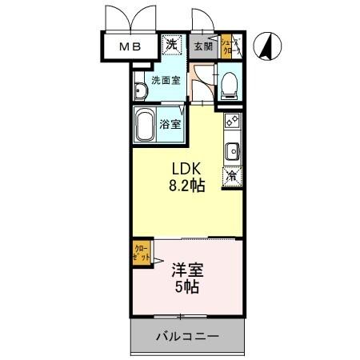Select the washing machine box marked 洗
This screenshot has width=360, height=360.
(172, 45)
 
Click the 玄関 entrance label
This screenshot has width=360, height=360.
(202, 46)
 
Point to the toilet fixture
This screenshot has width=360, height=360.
(230, 83)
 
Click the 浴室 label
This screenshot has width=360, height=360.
(169, 124)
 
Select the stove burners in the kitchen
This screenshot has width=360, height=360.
(232, 122)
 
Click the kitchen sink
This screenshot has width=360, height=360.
(232, 150)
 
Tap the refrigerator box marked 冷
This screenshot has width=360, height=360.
(231, 174)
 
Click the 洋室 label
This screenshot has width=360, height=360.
(185, 270)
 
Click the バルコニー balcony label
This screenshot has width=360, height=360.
(186, 337)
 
